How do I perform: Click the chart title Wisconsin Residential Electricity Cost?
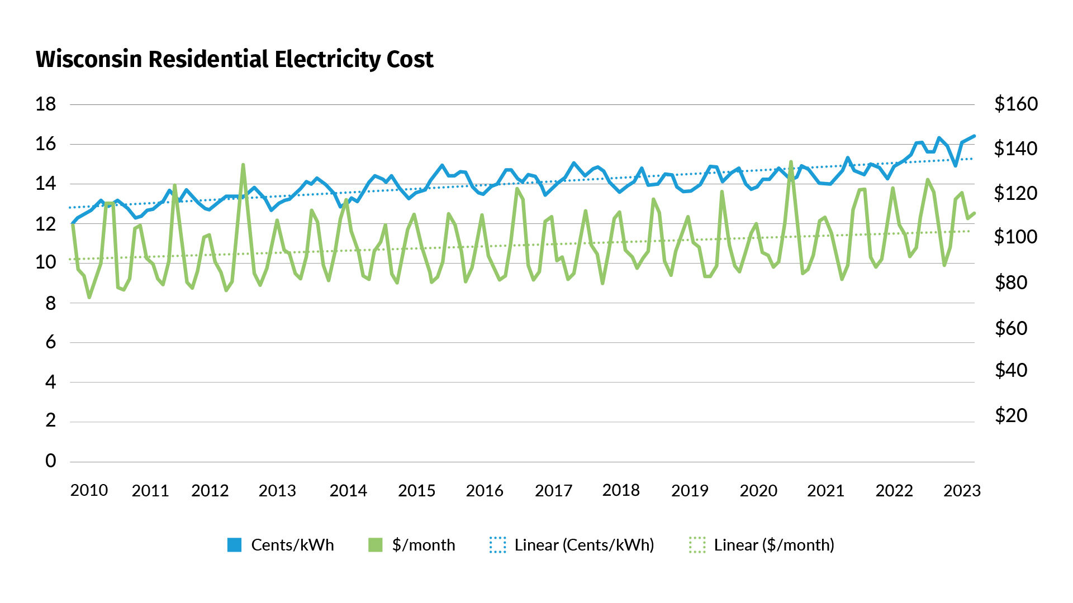[234, 59]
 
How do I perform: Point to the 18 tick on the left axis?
[45, 104]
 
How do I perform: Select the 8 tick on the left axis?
[50, 303]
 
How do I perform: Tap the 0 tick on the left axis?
[50, 461]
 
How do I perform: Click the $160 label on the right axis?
[1015, 104]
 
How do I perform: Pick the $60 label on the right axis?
[1010, 328]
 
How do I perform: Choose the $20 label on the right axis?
[1010, 415]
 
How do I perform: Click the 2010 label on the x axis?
[89, 490]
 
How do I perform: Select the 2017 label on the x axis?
[553, 491]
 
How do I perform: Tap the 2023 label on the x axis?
[962, 491]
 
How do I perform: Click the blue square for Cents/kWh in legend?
[235, 545]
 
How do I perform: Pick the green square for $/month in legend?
[376, 545]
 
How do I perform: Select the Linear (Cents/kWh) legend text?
[584, 545]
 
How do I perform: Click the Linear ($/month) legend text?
[773, 545]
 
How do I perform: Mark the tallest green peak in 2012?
[243, 165]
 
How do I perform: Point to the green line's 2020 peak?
[791, 162]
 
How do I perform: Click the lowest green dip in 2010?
[89, 297]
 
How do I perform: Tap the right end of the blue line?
[974, 136]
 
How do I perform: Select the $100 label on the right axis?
[1015, 237]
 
